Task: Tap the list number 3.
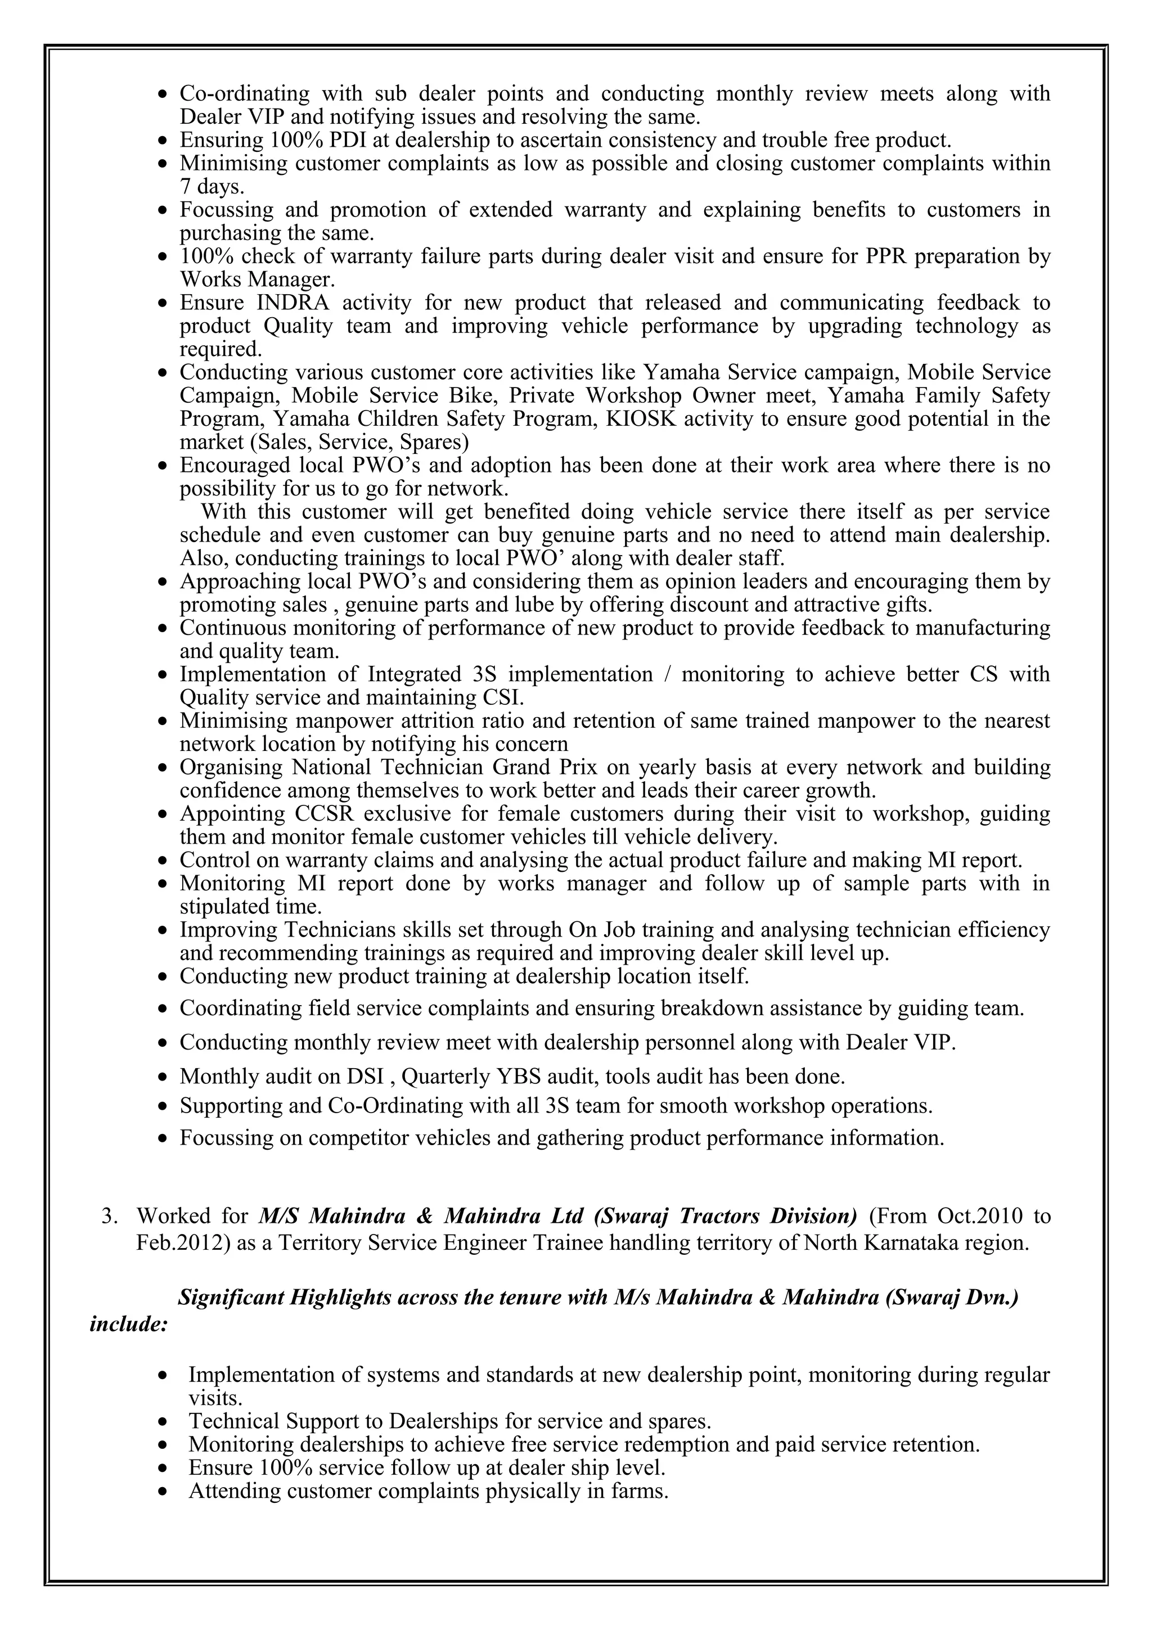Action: (109, 1216)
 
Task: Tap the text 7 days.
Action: (211, 187)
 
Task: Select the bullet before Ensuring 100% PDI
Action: (164, 141)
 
